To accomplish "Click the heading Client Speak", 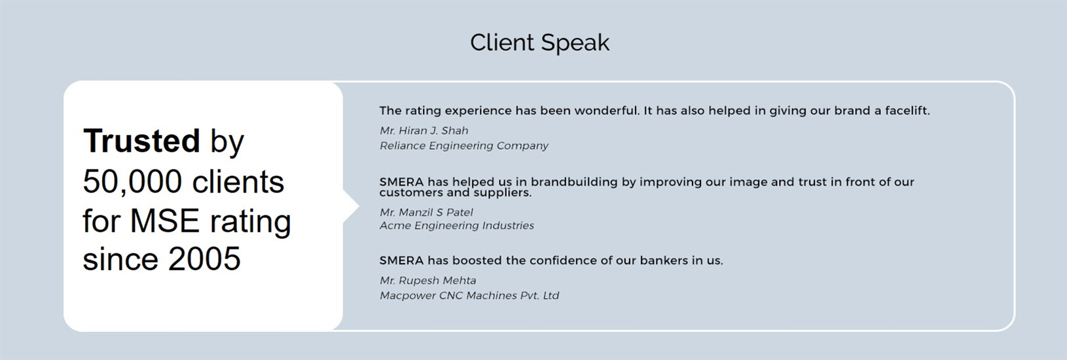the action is coord(539,43).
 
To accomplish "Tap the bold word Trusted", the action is coord(141,141).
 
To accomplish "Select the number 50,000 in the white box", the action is coord(132,183).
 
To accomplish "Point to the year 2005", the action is coord(205,259).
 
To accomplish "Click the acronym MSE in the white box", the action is coord(164,221).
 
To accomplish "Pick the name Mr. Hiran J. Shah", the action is coord(424,130).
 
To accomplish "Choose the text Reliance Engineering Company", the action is coord(464,146).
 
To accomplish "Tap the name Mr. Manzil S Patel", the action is coord(426,212).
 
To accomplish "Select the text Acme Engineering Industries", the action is coord(457,225).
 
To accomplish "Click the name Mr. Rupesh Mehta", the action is coord(427,281).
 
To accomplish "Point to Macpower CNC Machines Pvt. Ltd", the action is coord(469,295).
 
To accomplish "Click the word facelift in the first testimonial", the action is coord(907,111).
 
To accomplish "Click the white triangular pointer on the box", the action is coord(351,206).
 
